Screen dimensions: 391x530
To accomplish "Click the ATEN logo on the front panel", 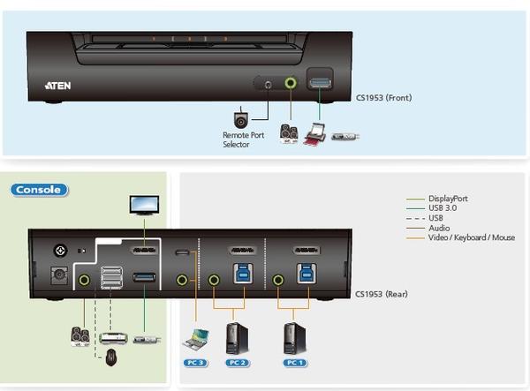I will coord(59,86).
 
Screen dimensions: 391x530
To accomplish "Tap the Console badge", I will coord(39,189).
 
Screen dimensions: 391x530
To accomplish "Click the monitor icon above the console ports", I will coord(145,205).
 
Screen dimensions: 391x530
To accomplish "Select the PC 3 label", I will coord(194,362).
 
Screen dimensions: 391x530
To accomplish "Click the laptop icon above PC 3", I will coord(195,339).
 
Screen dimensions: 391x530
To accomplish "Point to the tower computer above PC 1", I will coord(294,337).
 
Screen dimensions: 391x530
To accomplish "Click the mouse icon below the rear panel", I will coord(110,357).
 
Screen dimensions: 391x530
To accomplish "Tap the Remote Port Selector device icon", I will coord(240,119).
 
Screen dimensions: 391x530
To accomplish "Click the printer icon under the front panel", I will coord(314,134).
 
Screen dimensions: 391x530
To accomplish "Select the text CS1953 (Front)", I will coord(382,97).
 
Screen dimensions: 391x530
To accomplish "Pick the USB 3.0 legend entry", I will coord(444,208).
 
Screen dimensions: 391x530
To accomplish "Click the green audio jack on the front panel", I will coord(291,83).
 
